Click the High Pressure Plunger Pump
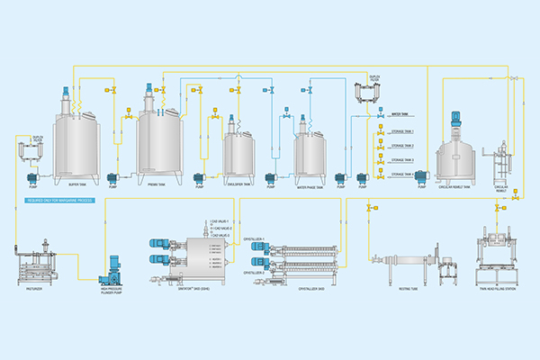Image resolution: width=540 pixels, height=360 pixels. click(114, 266)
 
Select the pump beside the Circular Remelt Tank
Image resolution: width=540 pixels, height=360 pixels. click(420, 177)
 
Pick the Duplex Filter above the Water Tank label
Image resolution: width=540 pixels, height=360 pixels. click(364, 95)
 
